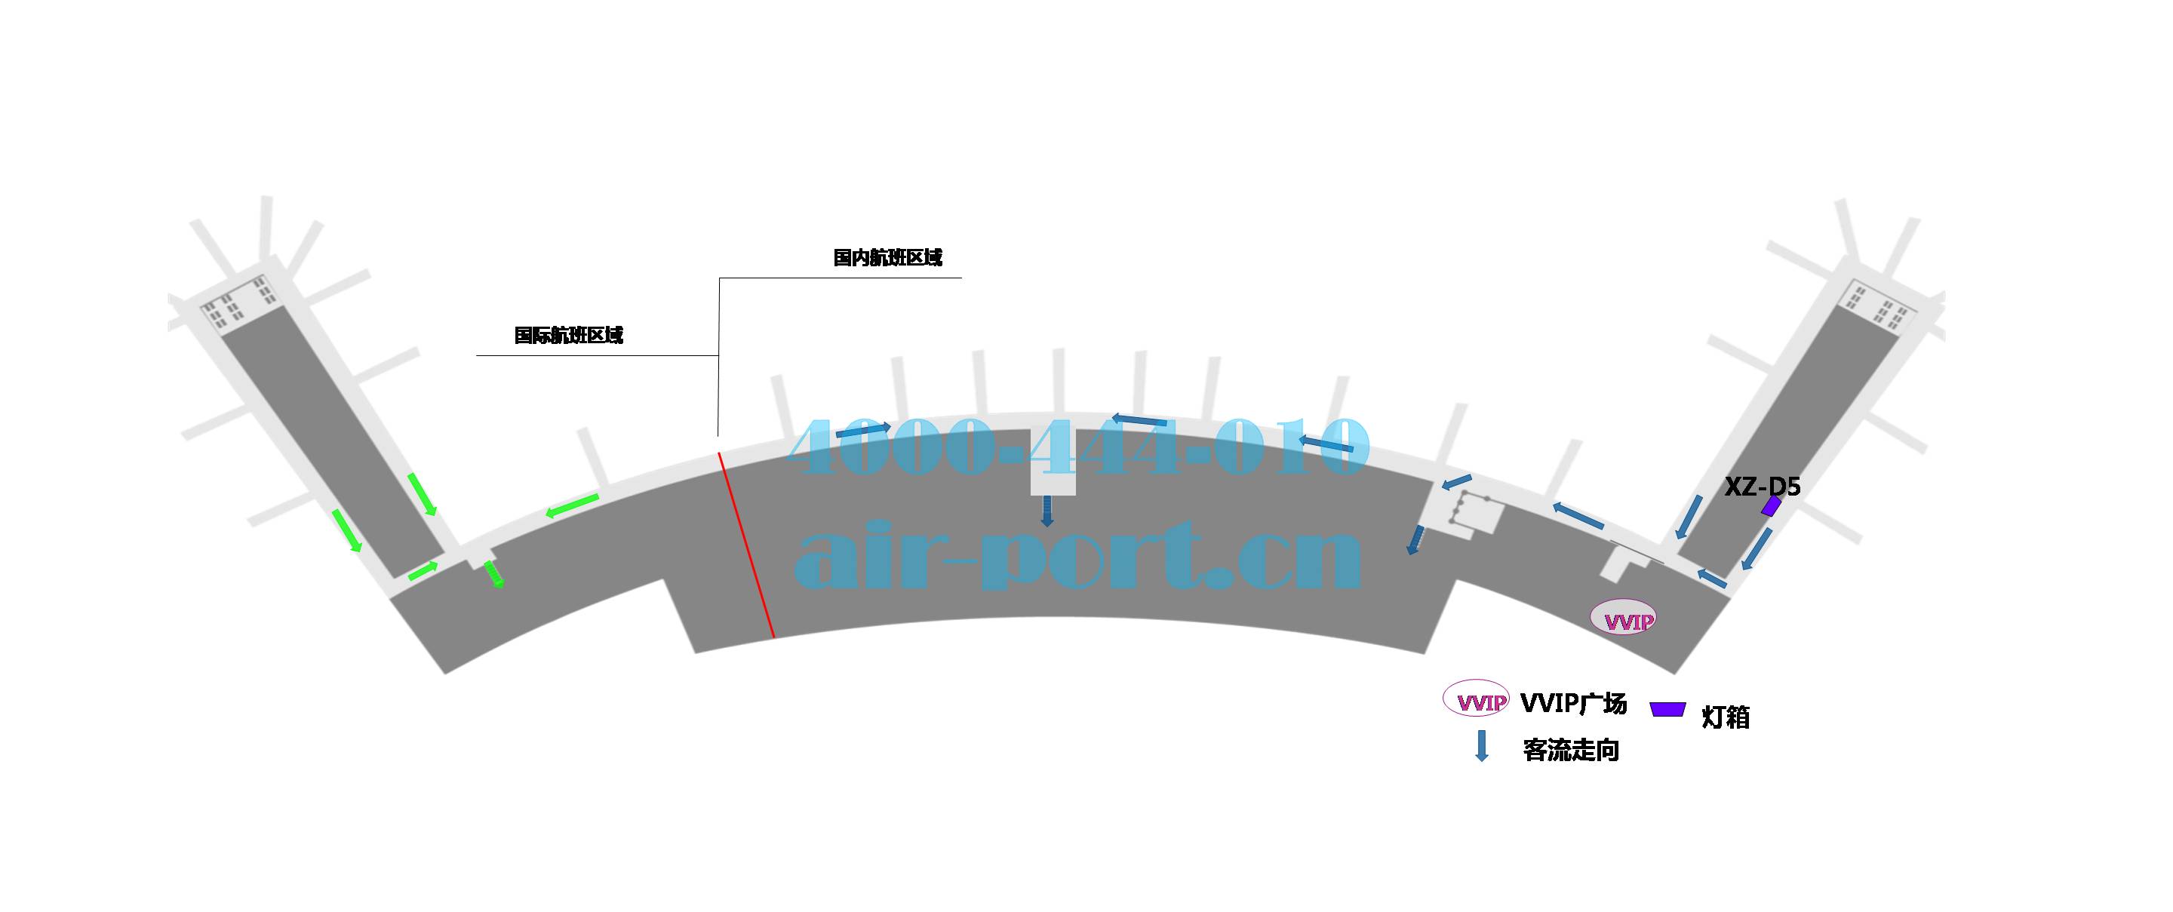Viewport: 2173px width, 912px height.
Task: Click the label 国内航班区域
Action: tap(887, 257)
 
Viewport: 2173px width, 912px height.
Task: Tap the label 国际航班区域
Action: tap(569, 335)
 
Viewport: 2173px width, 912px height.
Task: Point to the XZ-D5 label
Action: tap(1761, 487)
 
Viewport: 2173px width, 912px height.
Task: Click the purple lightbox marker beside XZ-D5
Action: tap(1771, 506)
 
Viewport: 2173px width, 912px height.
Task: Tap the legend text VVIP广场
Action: tap(1572, 703)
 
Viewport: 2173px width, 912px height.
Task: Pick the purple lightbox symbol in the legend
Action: tap(1667, 708)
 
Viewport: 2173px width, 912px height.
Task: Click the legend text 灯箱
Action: tap(1725, 717)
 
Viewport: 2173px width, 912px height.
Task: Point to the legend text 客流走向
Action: tap(1571, 750)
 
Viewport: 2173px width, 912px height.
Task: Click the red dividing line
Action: tap(745, 544)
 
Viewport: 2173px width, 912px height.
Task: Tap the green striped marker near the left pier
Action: tap(494, 575)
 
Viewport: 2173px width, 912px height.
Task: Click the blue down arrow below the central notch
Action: tap(1047, 511)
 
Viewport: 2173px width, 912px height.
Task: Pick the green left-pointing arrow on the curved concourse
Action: tap(572, 505)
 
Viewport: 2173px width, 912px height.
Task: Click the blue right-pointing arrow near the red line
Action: tap(862, 429)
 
